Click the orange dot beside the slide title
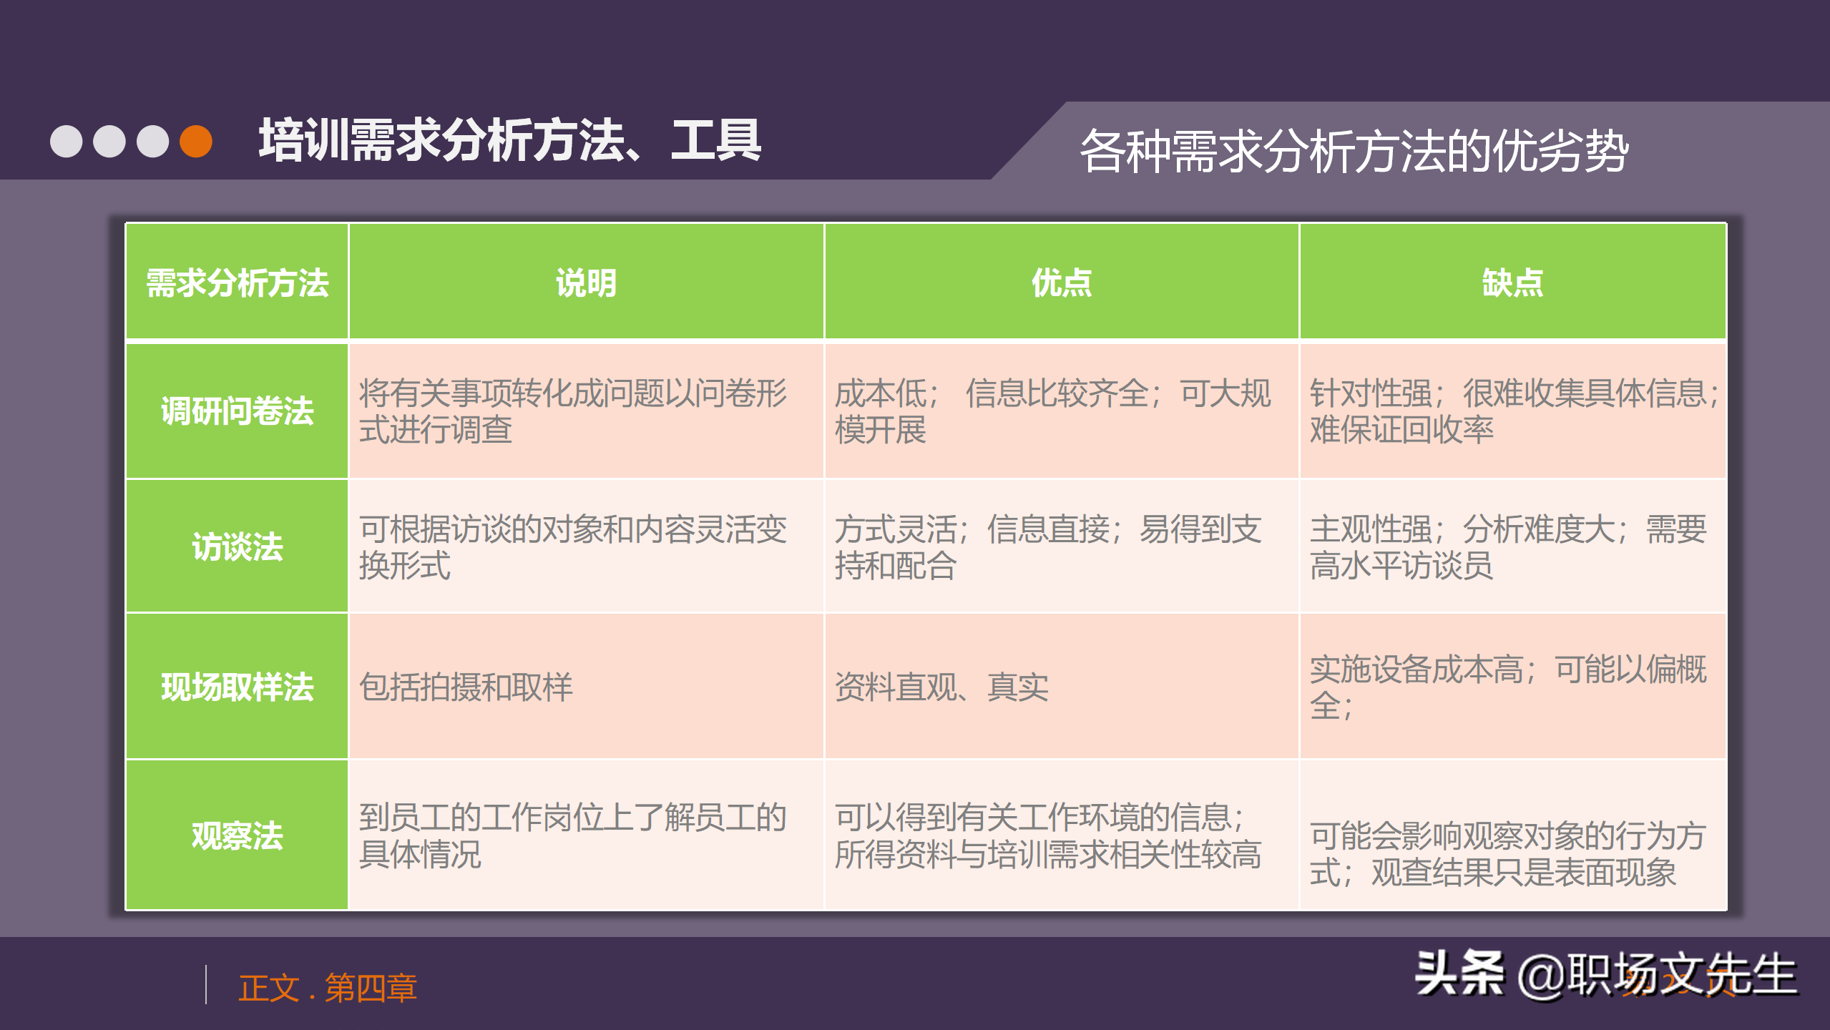pyautogui.click(x=196, y=141)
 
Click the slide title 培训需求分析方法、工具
pyautogui.click(x=509, y=141)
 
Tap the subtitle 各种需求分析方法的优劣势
pyautogui.click(x=1354, y=151)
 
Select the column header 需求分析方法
pyautogui.click(x=237, y=283)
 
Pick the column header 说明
pyautogui.click(x=586, y=283)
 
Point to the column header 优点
pyautogui.click(x=1061, y=283)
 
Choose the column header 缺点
pyautogui.click(x=1512, y=283)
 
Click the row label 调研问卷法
pyautogui.click(x=237, y=411)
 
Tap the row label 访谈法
pyautogui.click(x=237, y=547)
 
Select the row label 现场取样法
pyautogui.click(x=237, y=687)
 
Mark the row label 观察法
pyautogui.click(x=237, y=835)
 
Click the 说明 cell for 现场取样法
pyautogui.click(x=466, y=687)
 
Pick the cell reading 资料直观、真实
pyautogui.click(x=941, y=687)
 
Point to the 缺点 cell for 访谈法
pyautogui.click(x=1508, y=547)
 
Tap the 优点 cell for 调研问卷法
pyautogui.click(x=1052, y=411)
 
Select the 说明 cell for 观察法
pyautogui.click(x=572, y=835)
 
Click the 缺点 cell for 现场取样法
pyautogui.click(x=1508, y=687)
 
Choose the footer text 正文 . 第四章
pyautogui.click(x=328, y=988)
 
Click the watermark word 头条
pyautogui.click(x=1459, y=973)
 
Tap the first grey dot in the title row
pyautogui.click(x=67, y=141)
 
